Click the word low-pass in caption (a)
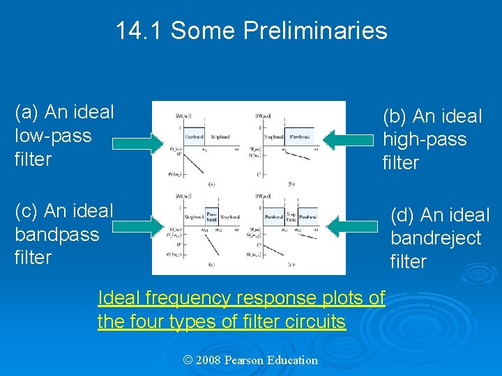click(53, 135)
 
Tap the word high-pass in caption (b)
click(425, 139)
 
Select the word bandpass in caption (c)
click(57, 234)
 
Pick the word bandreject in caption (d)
click(436, 238)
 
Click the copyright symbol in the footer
click(187, 360)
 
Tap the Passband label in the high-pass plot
click(301, 137)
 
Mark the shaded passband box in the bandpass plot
click(212, 217)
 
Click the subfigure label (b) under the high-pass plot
click(291, 183)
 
